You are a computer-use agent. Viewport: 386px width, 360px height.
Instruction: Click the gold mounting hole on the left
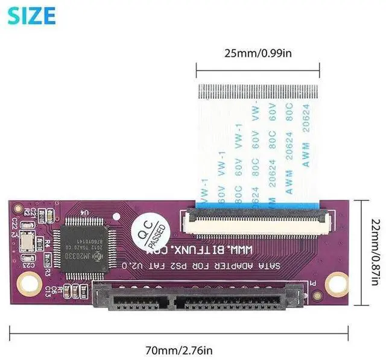tap(27, 281)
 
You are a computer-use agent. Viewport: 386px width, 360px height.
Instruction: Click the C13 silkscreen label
tap(51, 290)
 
